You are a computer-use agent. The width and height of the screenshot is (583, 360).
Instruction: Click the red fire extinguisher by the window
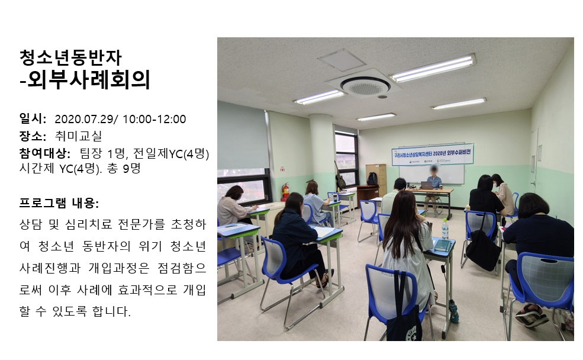coord(285,192)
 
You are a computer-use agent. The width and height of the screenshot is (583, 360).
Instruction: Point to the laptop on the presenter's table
coord(426,185)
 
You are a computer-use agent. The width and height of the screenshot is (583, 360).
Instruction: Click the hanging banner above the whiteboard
coord(433,154)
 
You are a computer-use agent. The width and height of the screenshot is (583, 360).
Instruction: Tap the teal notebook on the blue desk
coord(443,245)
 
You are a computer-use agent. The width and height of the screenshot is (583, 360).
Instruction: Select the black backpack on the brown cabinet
coord(372,179)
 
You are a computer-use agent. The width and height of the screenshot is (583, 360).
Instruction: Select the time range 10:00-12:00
coord(154,119)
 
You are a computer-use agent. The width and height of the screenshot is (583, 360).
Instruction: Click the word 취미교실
coord(78,136)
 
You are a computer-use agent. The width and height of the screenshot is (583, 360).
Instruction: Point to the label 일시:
coord(33,118)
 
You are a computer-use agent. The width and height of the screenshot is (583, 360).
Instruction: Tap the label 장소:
coord(33,136)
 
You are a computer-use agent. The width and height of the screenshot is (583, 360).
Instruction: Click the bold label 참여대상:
coord(45,153)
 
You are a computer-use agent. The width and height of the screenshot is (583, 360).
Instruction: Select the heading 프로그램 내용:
coord(59,203)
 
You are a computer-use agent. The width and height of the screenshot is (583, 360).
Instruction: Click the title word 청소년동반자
coord(70,57)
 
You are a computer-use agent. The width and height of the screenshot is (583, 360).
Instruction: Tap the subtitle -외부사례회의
coord(85,79)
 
